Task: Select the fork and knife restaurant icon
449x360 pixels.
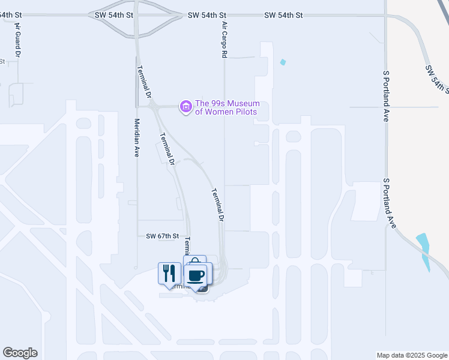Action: [169, 273]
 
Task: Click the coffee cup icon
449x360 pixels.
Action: [197, 275]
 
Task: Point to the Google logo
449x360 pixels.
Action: [20, 353]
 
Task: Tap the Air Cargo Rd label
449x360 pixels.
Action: [224, 41]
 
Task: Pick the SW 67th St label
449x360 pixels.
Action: [163, 236]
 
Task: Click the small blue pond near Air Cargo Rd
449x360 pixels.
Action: [283, 62]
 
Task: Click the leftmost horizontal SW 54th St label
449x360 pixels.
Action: [113, 14]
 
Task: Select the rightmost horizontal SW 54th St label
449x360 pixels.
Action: [283, 14]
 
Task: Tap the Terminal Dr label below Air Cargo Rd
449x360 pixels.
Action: [217, 206]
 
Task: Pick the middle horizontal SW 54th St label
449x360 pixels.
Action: [206, 14]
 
